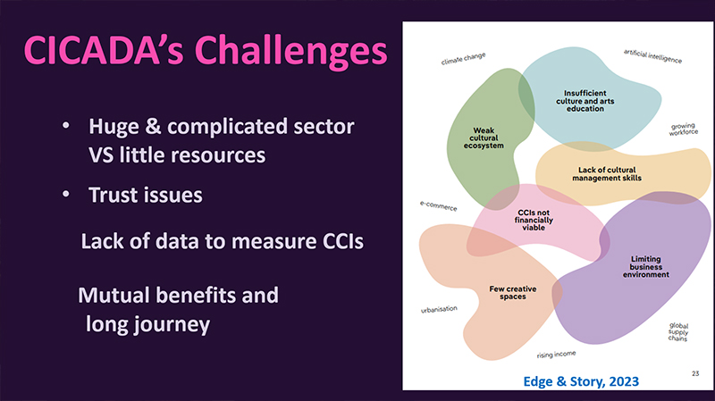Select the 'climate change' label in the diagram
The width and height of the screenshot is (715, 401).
point(463,60)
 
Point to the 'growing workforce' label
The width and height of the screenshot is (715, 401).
point(684,129)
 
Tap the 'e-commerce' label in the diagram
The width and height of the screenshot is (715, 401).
point(438,206)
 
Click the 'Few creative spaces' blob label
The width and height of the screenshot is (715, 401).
point(507,293)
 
